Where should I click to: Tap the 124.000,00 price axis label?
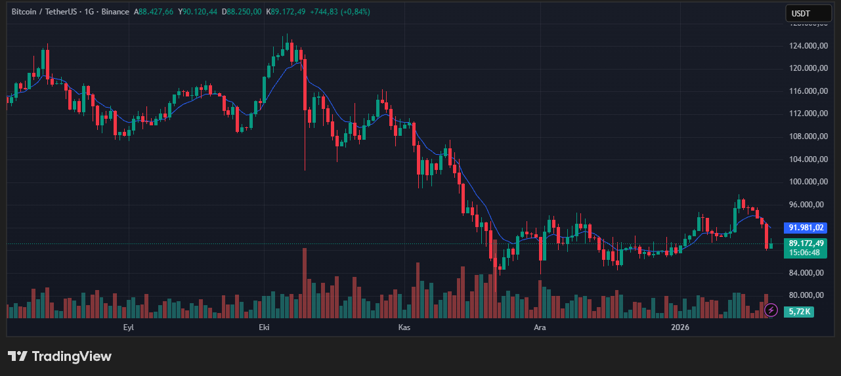(806, 46)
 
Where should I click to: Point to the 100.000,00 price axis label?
(806, 182)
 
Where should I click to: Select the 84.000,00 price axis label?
(806, 273)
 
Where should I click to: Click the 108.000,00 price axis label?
(806, 136)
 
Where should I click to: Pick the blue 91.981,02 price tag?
(806, 228)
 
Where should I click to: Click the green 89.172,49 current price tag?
(806, 243)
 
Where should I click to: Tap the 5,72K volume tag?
(800, 312)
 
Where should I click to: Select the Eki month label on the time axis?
(265, 327)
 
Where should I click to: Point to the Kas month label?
(404, 327)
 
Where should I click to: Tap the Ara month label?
(540, 327)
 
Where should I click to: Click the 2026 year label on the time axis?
(679, 327)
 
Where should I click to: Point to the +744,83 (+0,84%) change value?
(340, 12)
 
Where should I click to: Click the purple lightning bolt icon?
(771, 309)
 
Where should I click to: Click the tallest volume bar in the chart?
(305, 282)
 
